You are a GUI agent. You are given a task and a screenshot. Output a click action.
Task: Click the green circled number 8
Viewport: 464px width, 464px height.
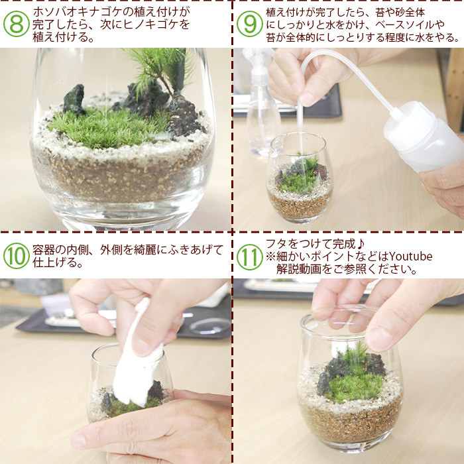(17, 24)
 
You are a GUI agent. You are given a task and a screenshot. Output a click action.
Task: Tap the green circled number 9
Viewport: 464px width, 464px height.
(249, 24)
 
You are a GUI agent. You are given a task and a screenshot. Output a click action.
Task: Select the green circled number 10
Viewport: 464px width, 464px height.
(17, 256)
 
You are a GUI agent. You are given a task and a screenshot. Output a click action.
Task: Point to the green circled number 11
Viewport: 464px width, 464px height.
(249, 257)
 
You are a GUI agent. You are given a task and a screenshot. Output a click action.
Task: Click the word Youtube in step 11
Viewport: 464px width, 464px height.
(410, 257)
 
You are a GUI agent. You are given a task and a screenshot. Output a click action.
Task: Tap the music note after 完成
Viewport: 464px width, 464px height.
(360, 244)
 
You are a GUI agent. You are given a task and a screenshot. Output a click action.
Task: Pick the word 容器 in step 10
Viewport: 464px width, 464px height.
(44, 250)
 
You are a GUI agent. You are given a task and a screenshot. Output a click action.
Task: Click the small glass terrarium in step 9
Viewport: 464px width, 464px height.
(300, 178)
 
